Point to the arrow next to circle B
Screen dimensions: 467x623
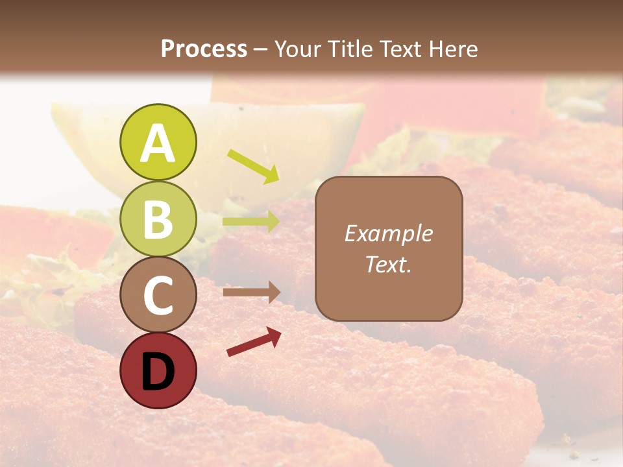point(251,222)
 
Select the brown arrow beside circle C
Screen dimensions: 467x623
point(252,292)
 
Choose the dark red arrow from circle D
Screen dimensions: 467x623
point(254,342)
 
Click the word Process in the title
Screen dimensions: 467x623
point(204,49)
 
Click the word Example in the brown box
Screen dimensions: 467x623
point(388,233)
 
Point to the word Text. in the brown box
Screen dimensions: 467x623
point(388,264)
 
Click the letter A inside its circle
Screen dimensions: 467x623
point(158,144)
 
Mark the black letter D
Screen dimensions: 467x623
point(158,372)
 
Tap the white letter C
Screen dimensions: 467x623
point(158,296)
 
